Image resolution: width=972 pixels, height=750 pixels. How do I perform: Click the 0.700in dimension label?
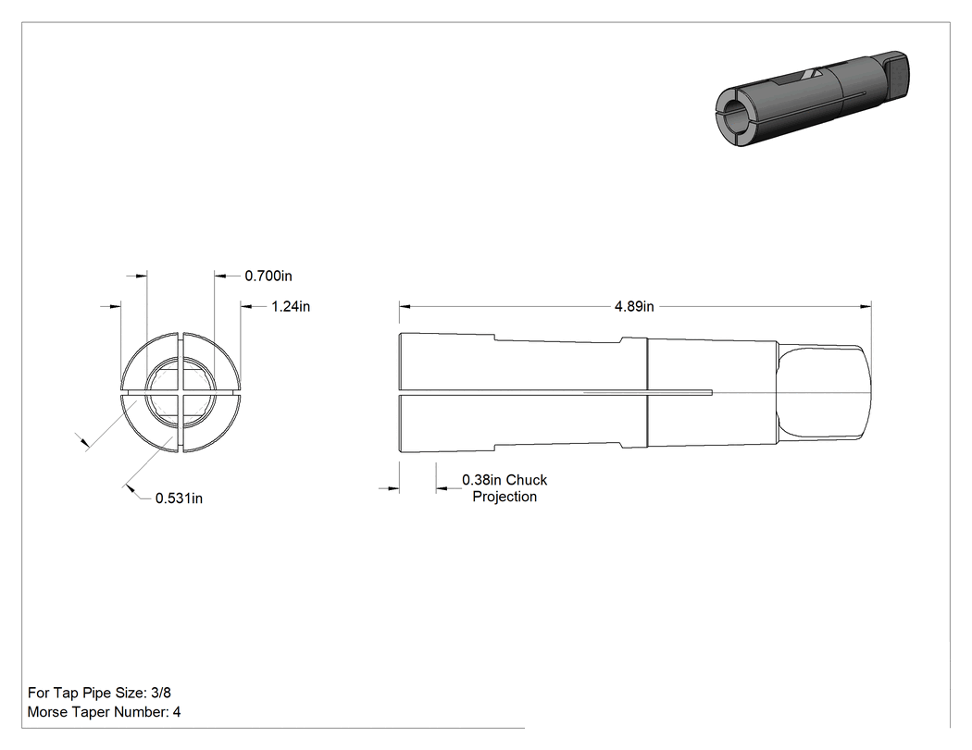click(268, 277)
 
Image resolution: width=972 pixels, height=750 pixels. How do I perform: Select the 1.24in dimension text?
click(291, 306)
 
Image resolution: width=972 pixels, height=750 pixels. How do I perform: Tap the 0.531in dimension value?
click(179, 498)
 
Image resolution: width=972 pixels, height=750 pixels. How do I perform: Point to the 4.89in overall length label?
click(634, 306)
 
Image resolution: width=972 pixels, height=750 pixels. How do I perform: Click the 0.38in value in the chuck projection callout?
click(481, 480)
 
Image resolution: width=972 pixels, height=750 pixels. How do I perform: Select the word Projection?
click(505, 497)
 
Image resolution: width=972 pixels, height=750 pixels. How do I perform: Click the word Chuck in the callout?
click(527, 480)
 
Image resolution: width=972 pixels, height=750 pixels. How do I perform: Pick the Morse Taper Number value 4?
click(177, 712)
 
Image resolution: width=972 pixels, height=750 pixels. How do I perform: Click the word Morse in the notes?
click(47, 712)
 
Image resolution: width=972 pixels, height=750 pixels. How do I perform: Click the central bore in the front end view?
click(181, 393)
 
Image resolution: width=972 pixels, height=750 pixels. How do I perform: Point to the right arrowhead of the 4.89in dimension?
click(866, 306)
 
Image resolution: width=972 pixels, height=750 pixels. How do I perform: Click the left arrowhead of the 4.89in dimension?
click(405, 306)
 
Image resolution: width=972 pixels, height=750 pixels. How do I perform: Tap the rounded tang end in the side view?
click(825, 393)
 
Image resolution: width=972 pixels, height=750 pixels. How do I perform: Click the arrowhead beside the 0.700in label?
click(221, 276)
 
